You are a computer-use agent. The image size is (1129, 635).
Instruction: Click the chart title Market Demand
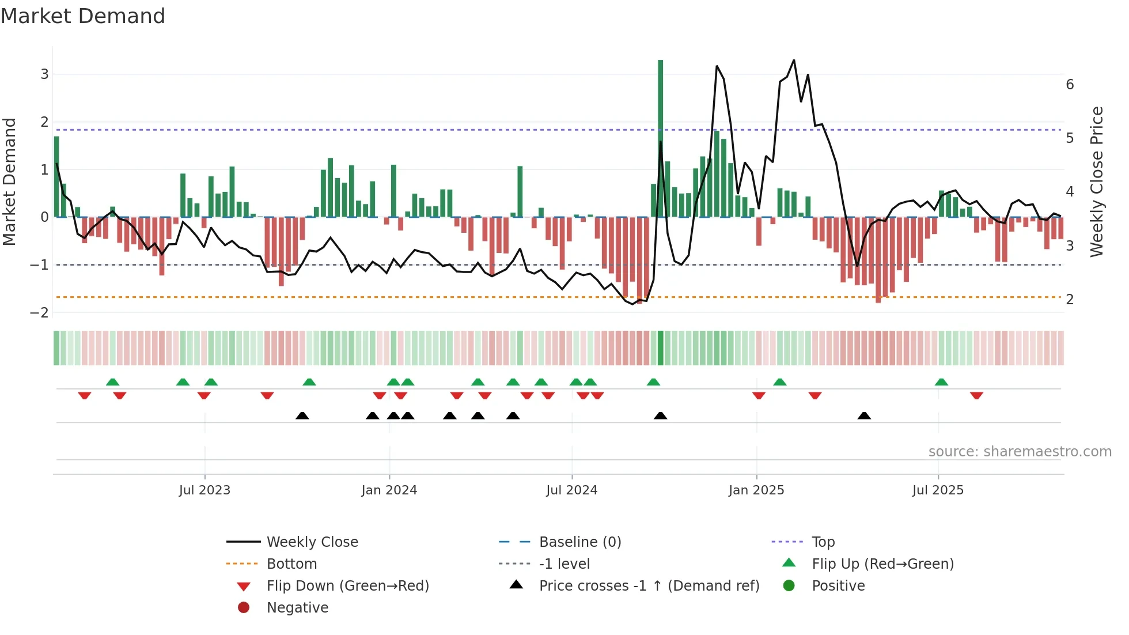tap(83, 16)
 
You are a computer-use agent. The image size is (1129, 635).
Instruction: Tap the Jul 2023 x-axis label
tap(204, 490)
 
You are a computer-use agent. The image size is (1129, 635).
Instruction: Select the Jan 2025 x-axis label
tap(756, 490)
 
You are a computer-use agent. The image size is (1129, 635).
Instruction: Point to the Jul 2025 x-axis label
tap(938, 490)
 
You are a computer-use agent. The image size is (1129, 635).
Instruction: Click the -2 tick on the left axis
tap(40, 313)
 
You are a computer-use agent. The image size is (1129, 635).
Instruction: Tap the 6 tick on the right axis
tap(1070, 85)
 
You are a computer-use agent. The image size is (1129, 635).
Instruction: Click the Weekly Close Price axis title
tap(1097, 182)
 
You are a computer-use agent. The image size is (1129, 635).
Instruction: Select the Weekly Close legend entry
tap(312, 542)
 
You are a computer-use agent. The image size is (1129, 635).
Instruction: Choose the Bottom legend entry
tap(291, 564)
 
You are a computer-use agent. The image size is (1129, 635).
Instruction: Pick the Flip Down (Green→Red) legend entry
tap(347, 586)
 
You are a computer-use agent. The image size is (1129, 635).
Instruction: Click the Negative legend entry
tap(297, 608)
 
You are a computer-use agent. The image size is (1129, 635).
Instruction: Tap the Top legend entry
tap(823, 542)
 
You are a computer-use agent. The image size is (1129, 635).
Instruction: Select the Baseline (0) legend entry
tap(579, 542)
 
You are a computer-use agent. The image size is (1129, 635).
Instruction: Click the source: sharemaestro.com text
tap(1020, 452)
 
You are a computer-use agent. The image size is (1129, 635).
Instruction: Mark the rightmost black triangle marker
tap(864, 416)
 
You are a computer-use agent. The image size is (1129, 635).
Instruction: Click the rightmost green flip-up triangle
tap(941, 382)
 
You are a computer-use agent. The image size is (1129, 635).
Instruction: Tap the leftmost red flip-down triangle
tap(85, 395)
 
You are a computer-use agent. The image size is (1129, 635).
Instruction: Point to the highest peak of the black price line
tap(794, 61)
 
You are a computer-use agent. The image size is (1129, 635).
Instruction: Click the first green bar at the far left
tap(56, 176)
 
